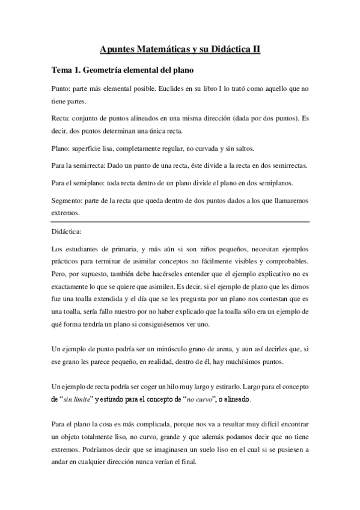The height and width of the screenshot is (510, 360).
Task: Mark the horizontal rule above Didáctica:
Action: coord(180,221)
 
